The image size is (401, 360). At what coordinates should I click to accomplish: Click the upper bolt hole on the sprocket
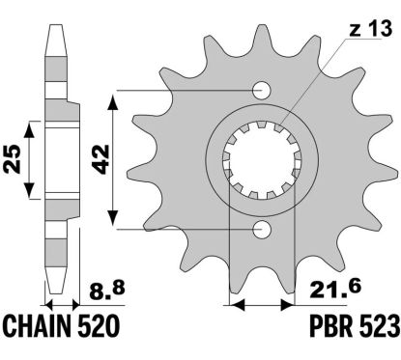click(261, 92)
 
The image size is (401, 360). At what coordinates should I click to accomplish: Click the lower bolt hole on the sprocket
click(261, 229)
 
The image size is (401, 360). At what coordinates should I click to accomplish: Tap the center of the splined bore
click(261, 159)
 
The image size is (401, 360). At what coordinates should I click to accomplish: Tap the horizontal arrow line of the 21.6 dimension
click(261, 305)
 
